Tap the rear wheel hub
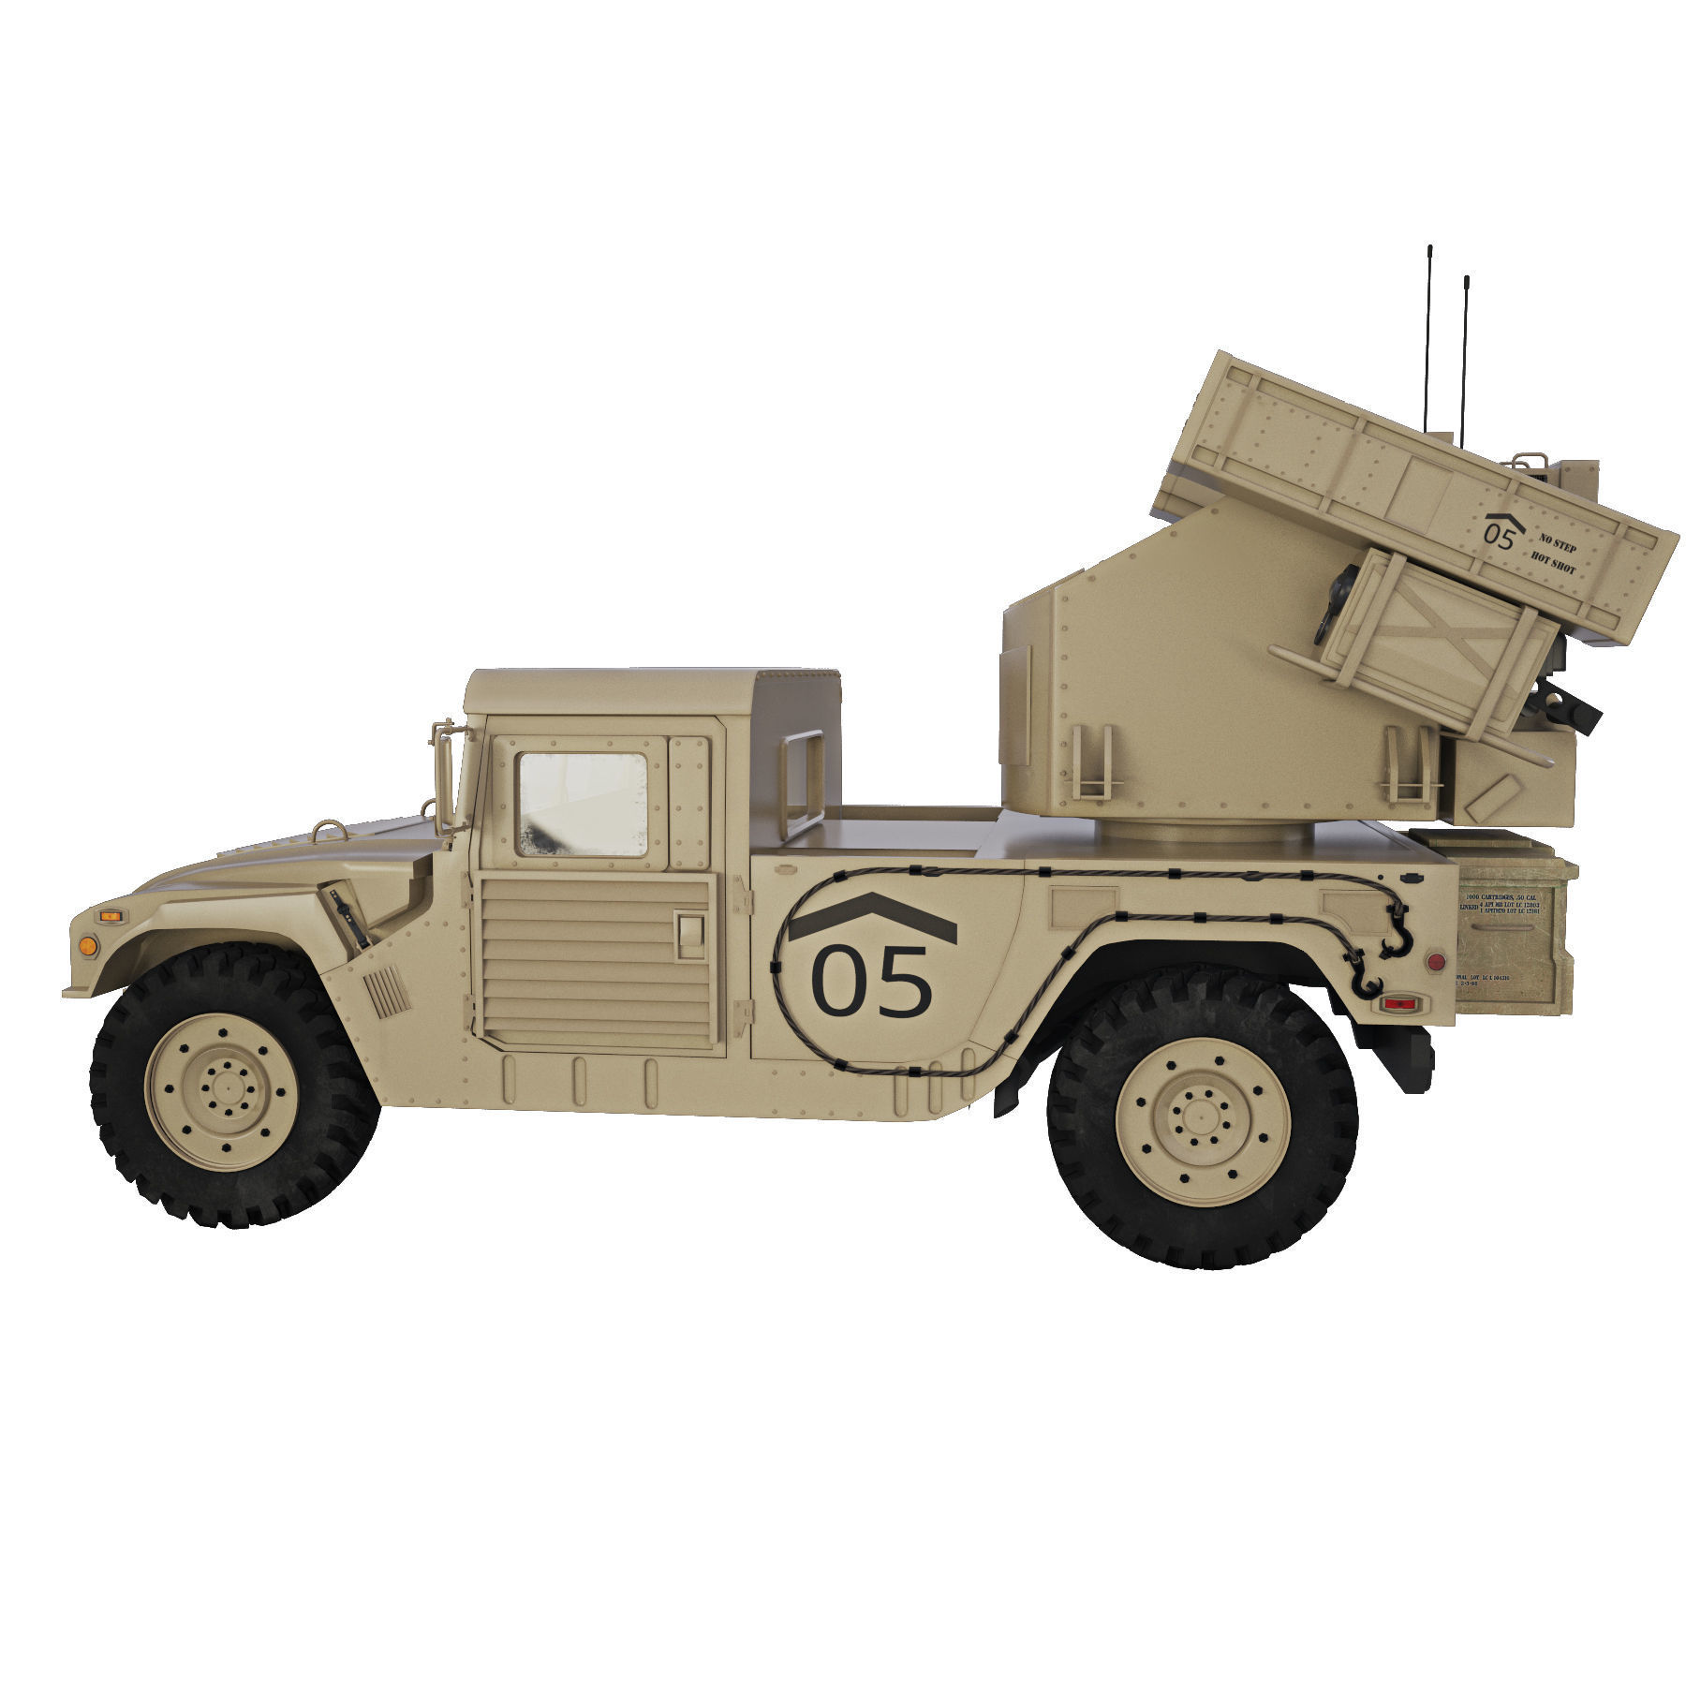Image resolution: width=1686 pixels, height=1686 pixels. click(x=1202, y=1118)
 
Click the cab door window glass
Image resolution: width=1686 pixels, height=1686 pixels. click(x=582, y=805)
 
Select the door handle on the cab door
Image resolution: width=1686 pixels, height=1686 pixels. click(x=690, y=936)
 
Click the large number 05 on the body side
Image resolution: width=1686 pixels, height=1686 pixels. click(x=871, y=982)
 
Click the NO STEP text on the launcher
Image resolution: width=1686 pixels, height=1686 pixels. click(x=1558, y=546)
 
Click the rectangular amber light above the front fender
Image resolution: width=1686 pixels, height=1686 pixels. click(x=111, y=915)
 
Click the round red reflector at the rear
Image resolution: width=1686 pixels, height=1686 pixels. click(x=1433, y=962)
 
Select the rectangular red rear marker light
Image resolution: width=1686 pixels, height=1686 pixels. click(x=1399, y=1004)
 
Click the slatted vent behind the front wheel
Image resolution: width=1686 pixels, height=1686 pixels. click(x=386, y=992)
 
